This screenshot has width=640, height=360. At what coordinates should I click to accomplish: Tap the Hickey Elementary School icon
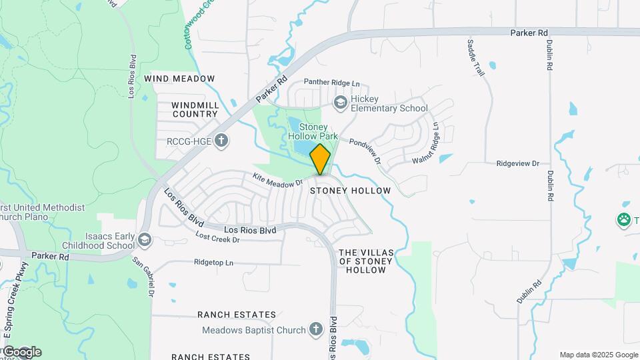tap(341, 101)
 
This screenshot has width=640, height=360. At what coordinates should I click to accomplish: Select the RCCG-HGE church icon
tap(222, 141)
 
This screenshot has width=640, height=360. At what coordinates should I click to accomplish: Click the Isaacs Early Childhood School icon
tap(145, 239)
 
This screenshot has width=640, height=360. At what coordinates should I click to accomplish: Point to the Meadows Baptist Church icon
tap(316, 329)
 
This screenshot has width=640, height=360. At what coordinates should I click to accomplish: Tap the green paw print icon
tap(624, 219)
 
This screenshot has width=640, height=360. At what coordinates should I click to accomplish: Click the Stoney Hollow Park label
tap(313, 131)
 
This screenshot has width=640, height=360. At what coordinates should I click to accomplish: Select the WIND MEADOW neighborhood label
tap(184, 79)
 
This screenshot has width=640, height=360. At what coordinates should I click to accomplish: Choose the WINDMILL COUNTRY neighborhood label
tap(195, 109)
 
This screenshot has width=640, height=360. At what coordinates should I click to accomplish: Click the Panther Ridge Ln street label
tap(331, 83)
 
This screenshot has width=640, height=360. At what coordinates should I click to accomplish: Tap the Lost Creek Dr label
tap(217, 237)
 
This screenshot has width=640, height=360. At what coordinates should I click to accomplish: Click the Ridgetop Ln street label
tap(214, 263)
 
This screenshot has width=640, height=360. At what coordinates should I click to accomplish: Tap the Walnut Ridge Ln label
tap(427, 143)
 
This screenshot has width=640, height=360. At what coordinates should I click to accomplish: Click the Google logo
tap(22, 351)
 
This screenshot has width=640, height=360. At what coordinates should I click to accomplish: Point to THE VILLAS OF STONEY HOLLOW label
tap(367, 261)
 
